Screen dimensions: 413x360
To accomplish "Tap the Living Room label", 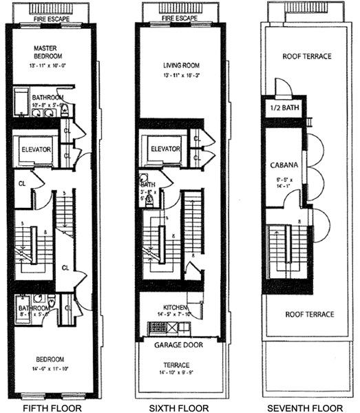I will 182,65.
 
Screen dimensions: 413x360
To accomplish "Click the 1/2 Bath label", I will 279,110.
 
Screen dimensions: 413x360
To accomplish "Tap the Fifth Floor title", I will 52,407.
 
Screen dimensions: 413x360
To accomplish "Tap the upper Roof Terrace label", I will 307,56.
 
